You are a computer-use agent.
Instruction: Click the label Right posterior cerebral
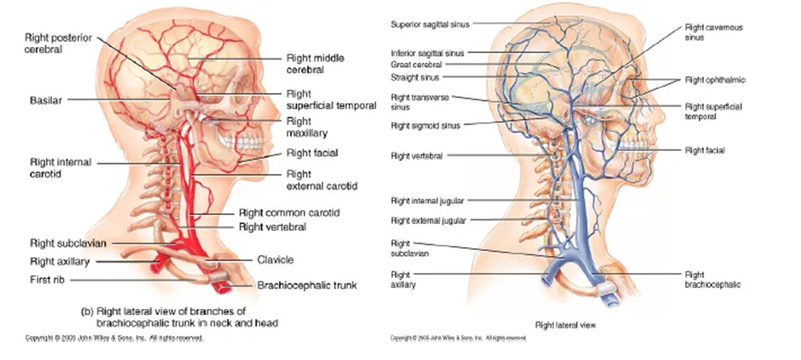[x=58, y=43]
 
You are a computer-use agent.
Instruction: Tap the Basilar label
[x=45, y=100]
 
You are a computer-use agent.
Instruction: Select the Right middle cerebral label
[x=305, y=63]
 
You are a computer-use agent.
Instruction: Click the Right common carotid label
[x=289, y=213]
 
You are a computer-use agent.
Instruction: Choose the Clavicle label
[x=275, y=260]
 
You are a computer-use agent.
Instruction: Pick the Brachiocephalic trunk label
[x=307, y=285]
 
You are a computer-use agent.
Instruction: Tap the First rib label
[x=49, y=279]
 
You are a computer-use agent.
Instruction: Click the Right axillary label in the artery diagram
[x=59, y=261]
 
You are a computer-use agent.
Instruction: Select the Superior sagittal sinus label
[x=430, y=24]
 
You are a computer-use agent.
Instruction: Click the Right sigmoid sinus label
[x=426, y=125]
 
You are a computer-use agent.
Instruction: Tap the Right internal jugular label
[x=427, y=201]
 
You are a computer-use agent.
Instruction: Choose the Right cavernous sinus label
[x=713, y=32]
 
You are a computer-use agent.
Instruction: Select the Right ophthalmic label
[x=715, y=79]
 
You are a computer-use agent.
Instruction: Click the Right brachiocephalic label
[x=712, y=279]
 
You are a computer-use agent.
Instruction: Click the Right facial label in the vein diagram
[x=704, y=150]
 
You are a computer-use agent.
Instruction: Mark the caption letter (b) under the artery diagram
[x=87, y=312]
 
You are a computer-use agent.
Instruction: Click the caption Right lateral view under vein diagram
[x=565, y=325]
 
